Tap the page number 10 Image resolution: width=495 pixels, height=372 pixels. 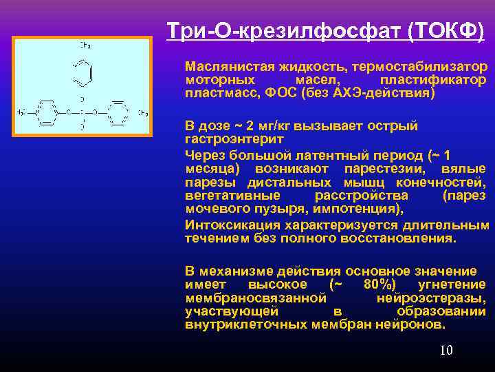pos(446,351)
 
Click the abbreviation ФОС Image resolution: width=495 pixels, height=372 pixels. pos(278,92)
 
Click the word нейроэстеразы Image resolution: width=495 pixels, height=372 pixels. pos(431,298)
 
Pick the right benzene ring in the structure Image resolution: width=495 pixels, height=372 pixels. pos(118,112)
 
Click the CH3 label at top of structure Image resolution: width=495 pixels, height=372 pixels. pos(86,45)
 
